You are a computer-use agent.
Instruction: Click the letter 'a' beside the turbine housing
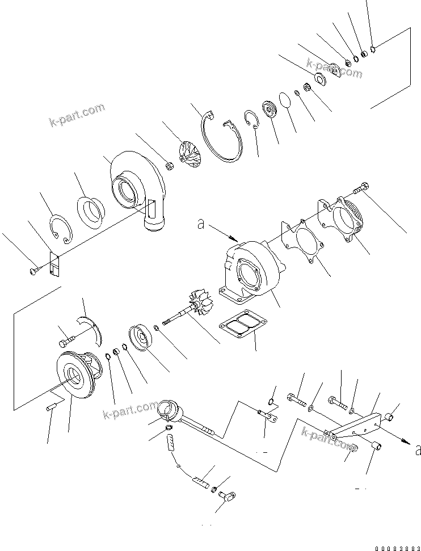click(x=200, y=224)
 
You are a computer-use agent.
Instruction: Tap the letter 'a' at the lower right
click(x=418, y=450)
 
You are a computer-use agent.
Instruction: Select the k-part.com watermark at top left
click(x=77, y=115)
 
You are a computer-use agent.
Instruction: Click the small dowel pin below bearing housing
click(x=50, y=407)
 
